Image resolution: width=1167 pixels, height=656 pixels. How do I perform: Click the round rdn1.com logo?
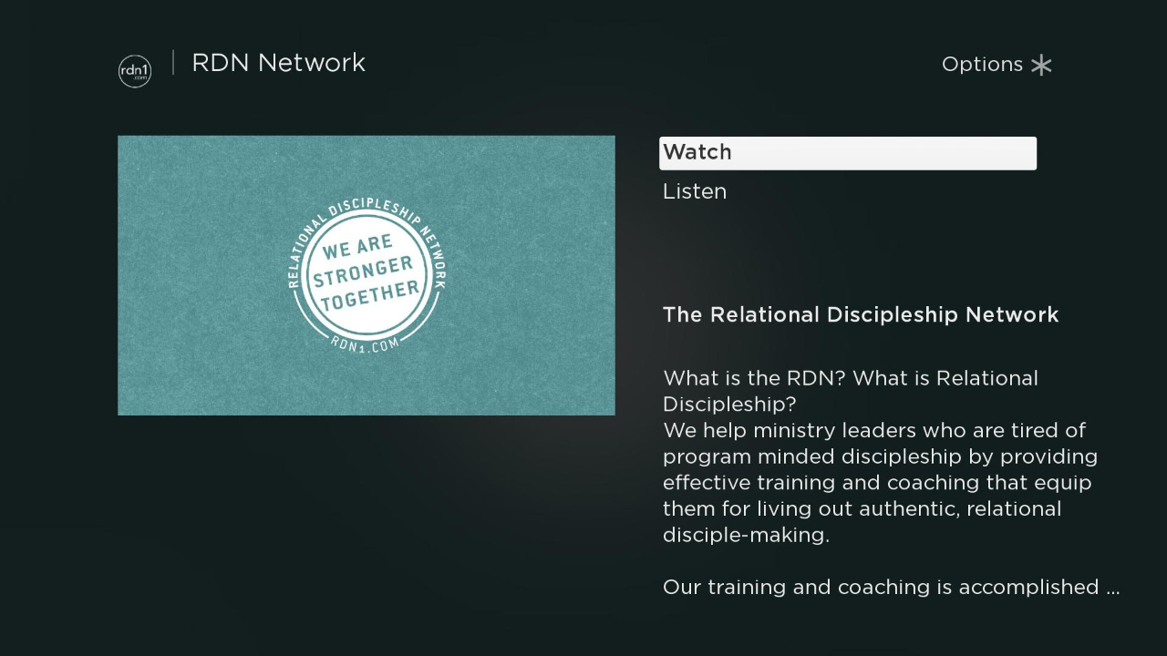coord(135,71)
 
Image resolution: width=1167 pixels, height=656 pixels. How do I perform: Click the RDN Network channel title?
coord(279,63)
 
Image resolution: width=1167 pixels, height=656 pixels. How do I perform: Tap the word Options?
coord(982,65)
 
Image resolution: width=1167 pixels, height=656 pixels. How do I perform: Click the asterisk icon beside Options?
coord(1041,66)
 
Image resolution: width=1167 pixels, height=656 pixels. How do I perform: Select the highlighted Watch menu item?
coord(848,153)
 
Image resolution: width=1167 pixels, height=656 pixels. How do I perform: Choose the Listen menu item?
coord(695,191)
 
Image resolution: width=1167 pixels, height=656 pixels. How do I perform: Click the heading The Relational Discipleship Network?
coord(861,314)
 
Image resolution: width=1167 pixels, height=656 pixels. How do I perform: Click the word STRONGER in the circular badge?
coord(363,272)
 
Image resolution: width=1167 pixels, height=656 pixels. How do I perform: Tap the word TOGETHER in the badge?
coord(370,296)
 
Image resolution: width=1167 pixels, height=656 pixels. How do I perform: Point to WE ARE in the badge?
coord(357,246)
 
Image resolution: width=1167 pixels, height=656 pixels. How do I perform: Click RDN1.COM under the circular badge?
coord(366,344)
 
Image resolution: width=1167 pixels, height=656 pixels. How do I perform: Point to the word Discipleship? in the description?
coord(729,405)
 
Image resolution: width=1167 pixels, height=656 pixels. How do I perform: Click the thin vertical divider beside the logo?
coord(173,63)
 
